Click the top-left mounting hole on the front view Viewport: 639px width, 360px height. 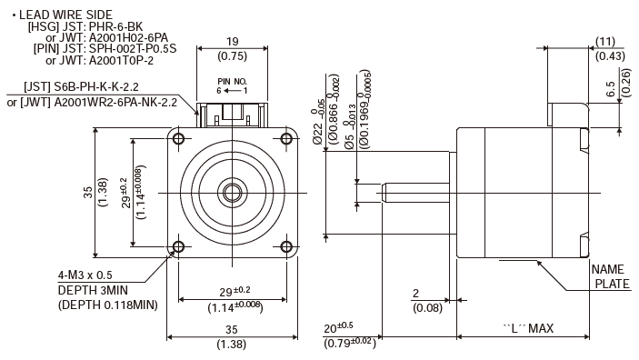click(178, 139)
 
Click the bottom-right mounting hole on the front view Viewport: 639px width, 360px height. click(286, 246)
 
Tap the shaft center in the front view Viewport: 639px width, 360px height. click(233, 193)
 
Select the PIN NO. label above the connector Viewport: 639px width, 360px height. click(233, 82)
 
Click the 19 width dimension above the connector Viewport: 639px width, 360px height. click(233, 42)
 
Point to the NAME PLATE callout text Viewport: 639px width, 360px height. click(611, 276)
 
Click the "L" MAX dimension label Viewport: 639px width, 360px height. click(528, 328)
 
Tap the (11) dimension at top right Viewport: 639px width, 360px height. click(605, 42)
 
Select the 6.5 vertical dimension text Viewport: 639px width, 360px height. click(610, 89)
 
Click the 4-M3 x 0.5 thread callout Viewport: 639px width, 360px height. click(85, 275)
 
